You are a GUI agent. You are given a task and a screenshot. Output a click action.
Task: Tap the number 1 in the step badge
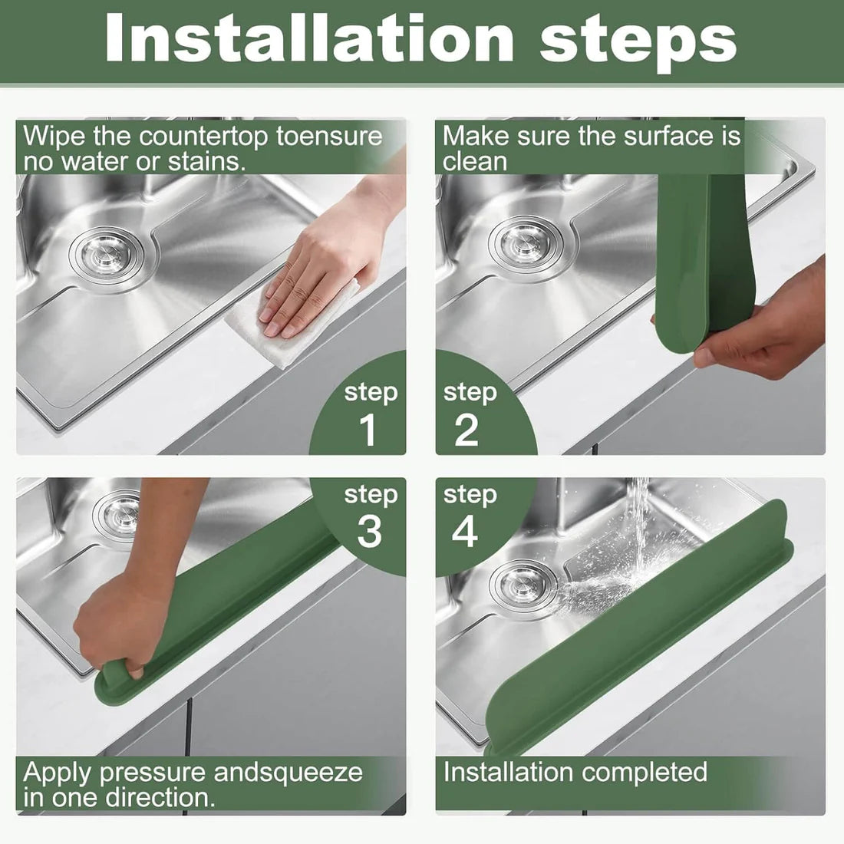point(369,430)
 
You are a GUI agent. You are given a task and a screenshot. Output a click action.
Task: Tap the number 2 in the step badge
point(466,430)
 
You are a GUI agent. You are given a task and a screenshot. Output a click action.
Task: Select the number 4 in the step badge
point(464,531)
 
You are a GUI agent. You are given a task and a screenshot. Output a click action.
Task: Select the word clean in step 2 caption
point(474,162)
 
